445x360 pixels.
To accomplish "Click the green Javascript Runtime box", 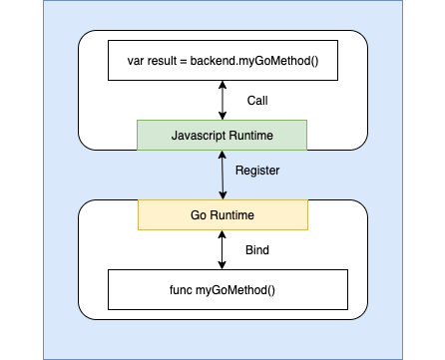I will pos(222,135).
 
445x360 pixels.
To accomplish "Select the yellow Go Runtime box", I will pos(222,214).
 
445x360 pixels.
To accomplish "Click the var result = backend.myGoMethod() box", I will pos(222,61).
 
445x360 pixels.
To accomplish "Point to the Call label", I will pos(257,101).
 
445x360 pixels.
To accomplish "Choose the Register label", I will pos(257,171).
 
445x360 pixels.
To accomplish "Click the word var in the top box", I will pos(136,61).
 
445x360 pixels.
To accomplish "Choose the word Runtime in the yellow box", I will pos(230,214).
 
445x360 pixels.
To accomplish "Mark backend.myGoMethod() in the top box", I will pos(253,61).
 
